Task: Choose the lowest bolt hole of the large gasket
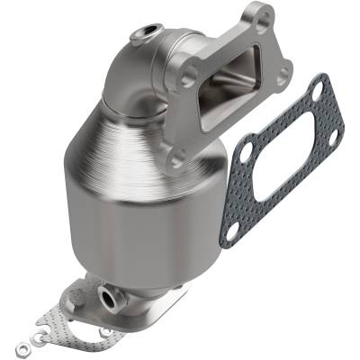(231, 231)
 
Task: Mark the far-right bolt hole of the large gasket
(334, 135)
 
